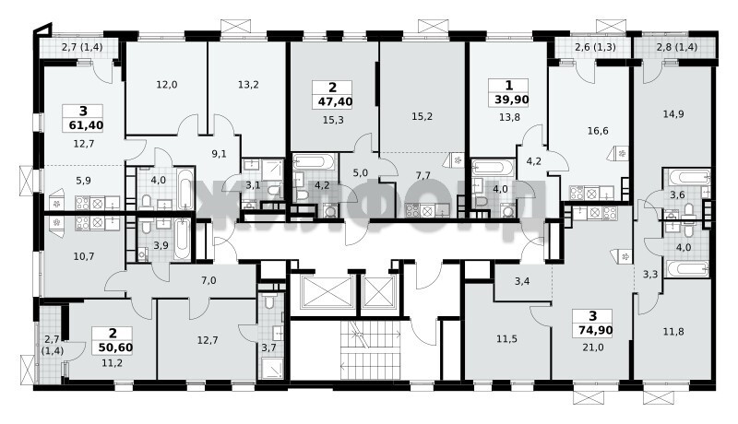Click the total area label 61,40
coord(83,125)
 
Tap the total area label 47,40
coord(333,101)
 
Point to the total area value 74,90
coord(592,330)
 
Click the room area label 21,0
coord(593,347)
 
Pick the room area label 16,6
coord(598,131)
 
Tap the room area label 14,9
coord(673,113)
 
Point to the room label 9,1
coord(219,153)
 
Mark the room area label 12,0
coord(167,85)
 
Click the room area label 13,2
coord(248,85)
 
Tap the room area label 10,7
coord(84,256)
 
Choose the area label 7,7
coord(423,175)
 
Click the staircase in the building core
coord(371,350)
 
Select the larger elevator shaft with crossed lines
coord(328,292)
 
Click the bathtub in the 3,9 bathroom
coord(182,239)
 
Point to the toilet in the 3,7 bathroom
coord(268,300)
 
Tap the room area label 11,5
coord(506,338)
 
